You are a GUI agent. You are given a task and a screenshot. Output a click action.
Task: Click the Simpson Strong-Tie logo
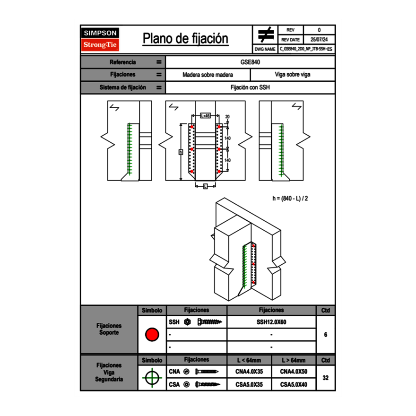click(x=101, y=39)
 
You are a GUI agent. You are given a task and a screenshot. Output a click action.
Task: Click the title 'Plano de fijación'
click(x=185, y=39)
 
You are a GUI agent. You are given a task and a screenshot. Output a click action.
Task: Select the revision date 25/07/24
click(x=319, y=40)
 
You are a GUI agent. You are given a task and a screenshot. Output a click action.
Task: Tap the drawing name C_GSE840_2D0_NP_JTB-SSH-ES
click(x=306, y=49)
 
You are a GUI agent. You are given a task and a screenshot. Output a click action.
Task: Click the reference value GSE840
click(x=250, y=62)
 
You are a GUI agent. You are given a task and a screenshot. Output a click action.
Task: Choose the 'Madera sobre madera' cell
click(x=208, y=75)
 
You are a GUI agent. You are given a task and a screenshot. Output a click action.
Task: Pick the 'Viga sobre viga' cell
click(x=292, y=75)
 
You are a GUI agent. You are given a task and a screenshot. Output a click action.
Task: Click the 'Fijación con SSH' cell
click(x=250, y=87)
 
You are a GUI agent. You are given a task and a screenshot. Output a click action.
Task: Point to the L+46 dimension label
click(x=205, y=116)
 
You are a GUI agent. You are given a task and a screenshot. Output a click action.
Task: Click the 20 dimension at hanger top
click(x=227, y=116)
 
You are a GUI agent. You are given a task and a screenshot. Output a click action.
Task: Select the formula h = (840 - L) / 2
click(x=290, y=198)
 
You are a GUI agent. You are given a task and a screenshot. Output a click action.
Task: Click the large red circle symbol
click(x=152, y=335)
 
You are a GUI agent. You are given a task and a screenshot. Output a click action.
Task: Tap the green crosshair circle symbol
click(x=152, y=378)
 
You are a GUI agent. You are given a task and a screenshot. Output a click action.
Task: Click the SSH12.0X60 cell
click(x=271, y=322)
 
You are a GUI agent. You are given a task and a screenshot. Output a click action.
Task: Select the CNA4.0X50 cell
click(x=294, y=372)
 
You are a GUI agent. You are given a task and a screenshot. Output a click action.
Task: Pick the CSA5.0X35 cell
click(x=249, y=384)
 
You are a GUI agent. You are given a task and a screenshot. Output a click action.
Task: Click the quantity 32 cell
click(x=325, y=378)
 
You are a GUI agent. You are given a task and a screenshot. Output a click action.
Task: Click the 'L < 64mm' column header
click(x=249, y=360)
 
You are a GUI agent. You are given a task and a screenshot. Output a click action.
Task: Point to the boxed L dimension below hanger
click(x=205, y=187)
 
